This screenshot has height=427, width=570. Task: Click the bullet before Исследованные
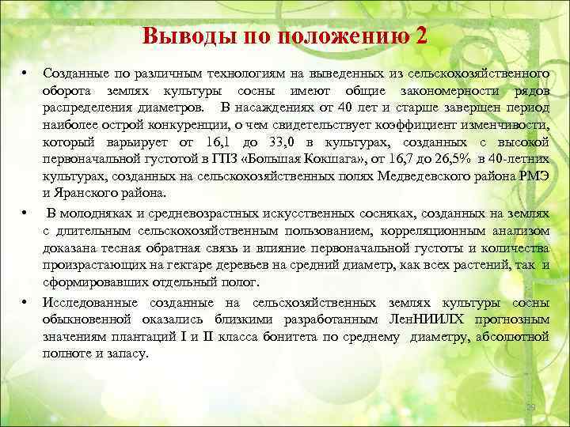tap(26, 303)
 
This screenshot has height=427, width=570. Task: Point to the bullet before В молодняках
tap(26, 213)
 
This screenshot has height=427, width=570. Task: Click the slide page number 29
tap(533, 407)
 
